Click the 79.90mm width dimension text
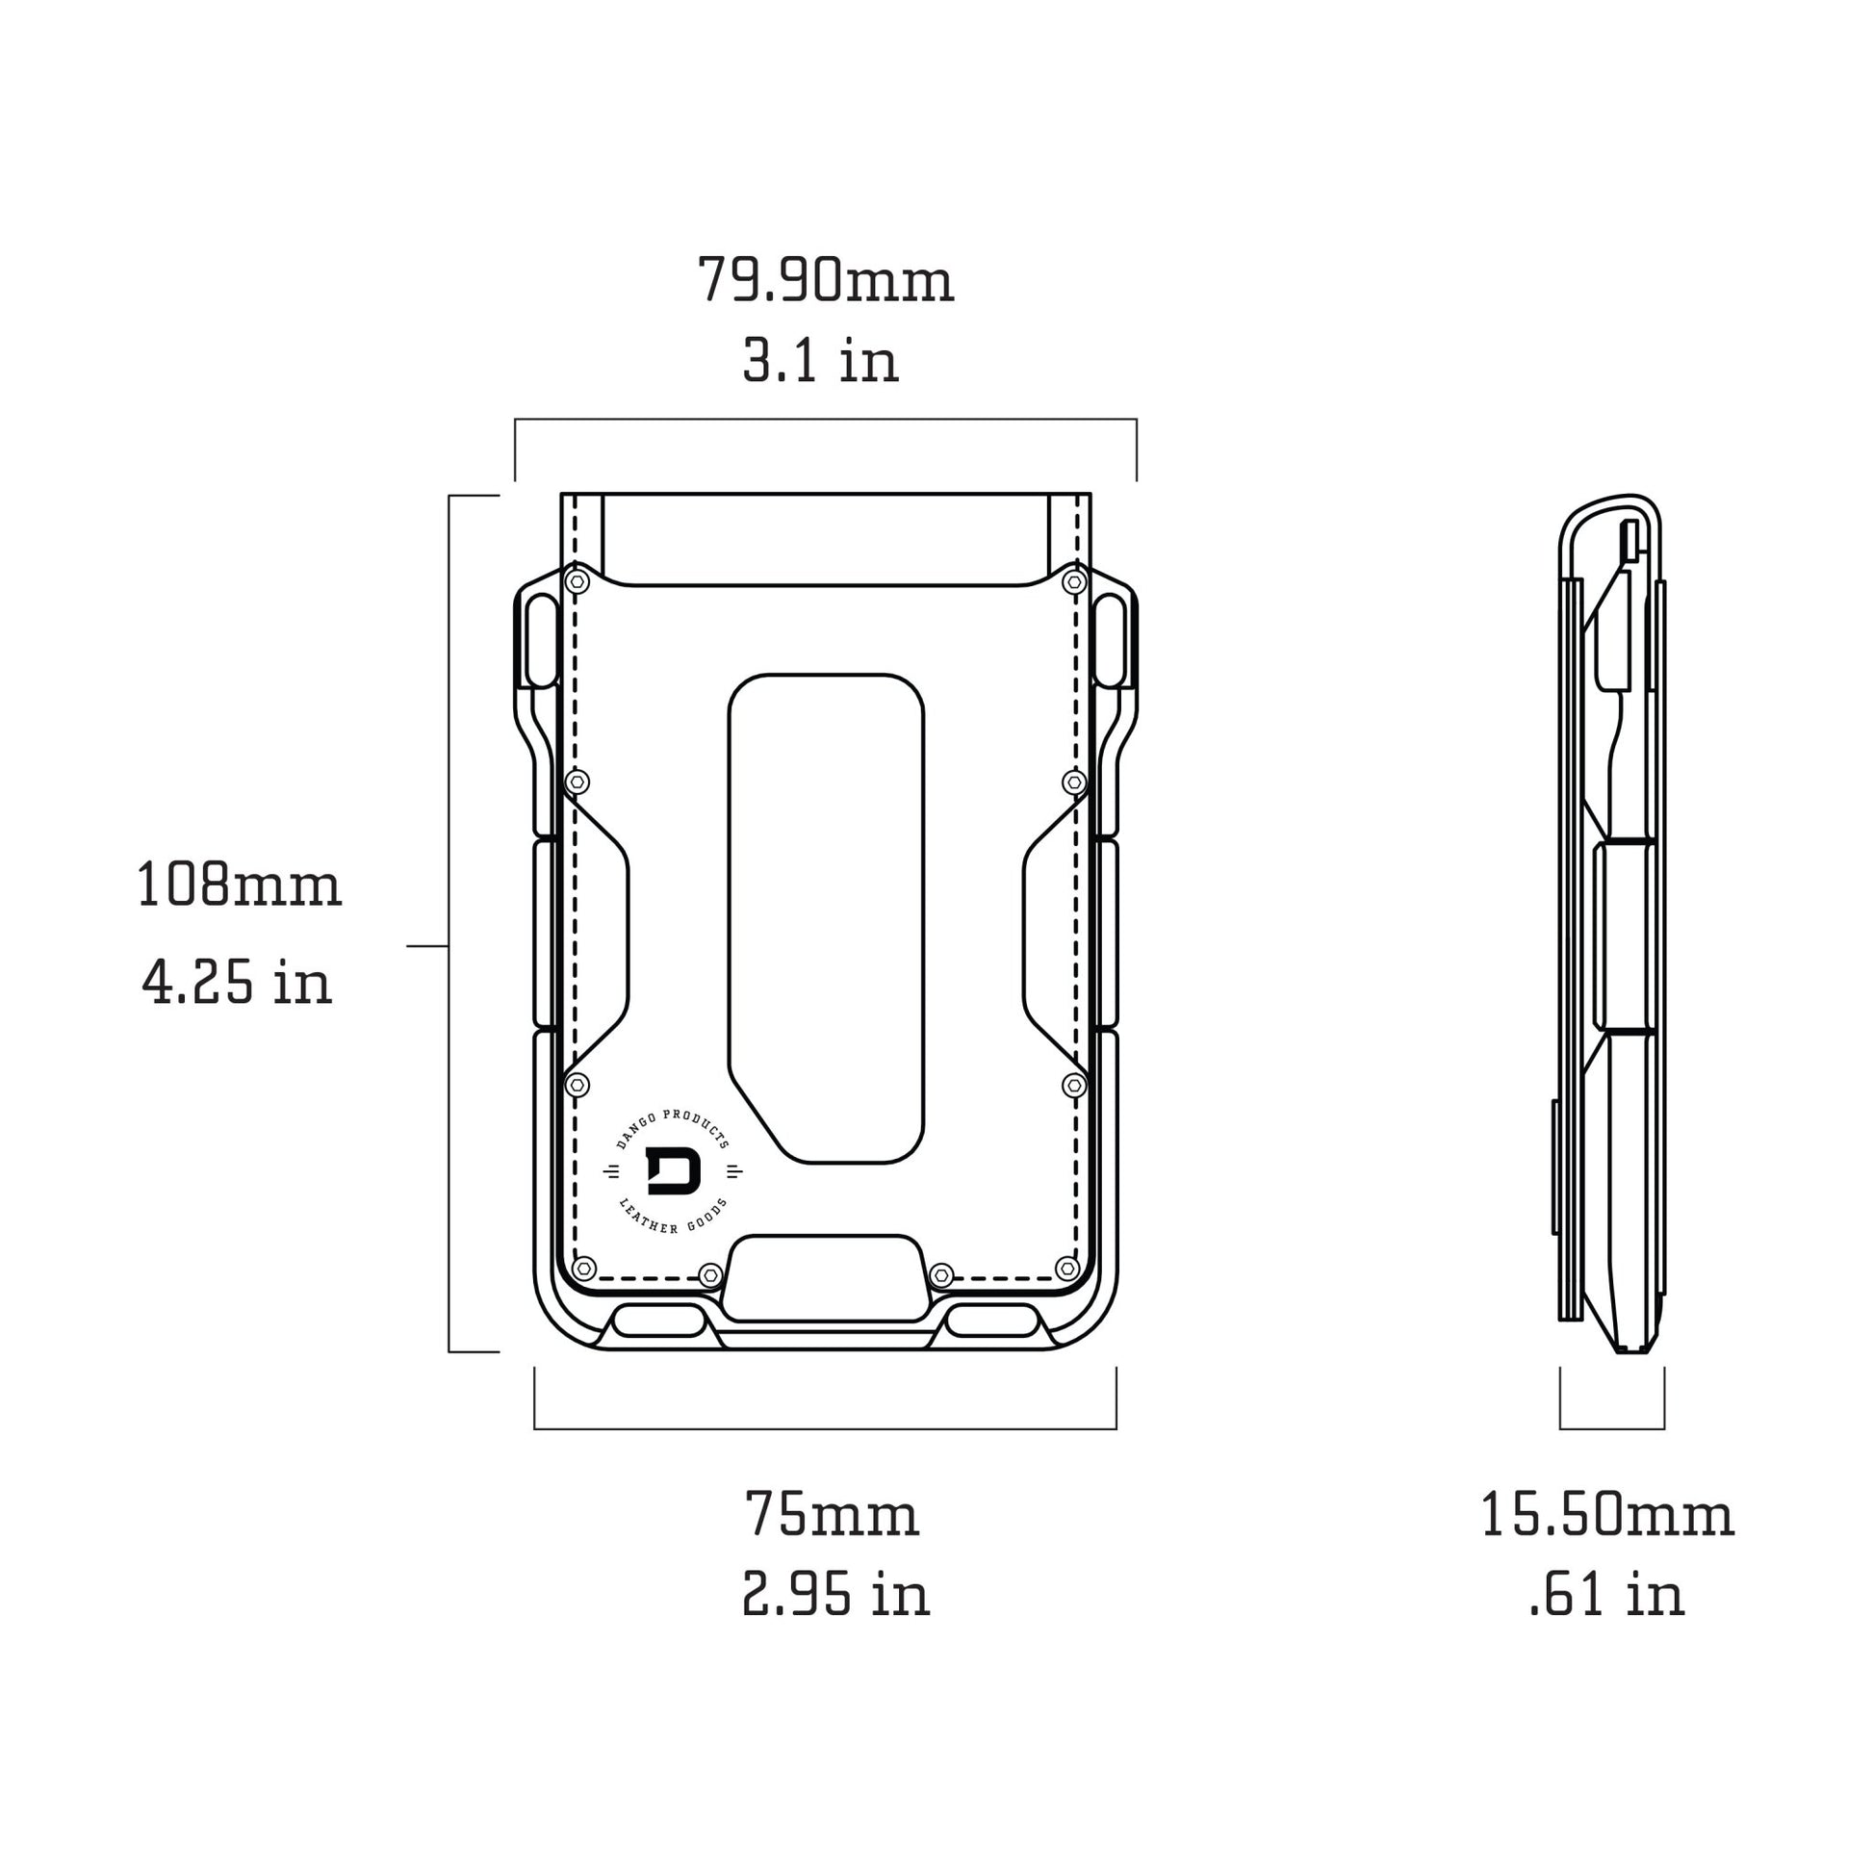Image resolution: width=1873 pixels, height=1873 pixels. pyautogui.click(x=825, y=280)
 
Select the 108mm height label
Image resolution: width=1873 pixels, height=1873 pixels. pyautogui.click(x=239, y=885)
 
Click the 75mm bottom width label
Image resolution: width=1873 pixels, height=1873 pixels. pyautogui.click(x=832, y=1514)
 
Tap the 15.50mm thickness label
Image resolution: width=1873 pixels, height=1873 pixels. pyautogui.click(x=1606, y=1514)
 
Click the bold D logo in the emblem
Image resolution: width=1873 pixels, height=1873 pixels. pyautogui.click(x=673, y=1171)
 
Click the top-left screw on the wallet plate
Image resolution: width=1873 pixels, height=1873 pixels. pyautogui.click(x=577, y=581)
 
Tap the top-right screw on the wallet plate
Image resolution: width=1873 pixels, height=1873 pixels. pyautogui.click(x=1073, y=581)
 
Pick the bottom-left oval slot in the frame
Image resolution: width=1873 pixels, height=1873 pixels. pyautogui.click(x=659, y=1320)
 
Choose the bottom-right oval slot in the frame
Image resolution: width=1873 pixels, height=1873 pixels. pyautogui.click(x=991, y=1320)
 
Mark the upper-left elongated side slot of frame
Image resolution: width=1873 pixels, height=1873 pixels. pyautogui.click(x=542, y=641)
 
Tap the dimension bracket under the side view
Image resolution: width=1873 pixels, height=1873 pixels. pyautogui.click(x=1612, y=1428)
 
